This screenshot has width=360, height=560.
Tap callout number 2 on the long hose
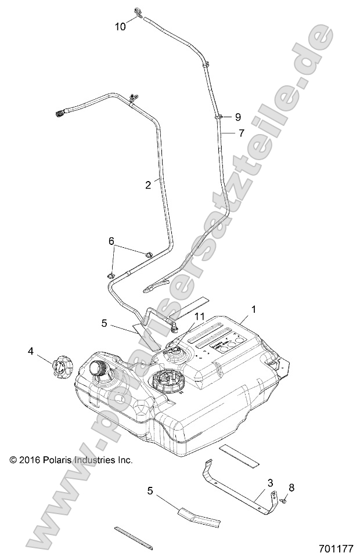[148, 185]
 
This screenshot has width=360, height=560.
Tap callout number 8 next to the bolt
[291, 487]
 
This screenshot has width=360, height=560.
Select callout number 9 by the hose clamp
[237, 116]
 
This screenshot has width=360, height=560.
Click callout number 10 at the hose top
[120, 26]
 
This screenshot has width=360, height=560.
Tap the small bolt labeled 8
[283, 498]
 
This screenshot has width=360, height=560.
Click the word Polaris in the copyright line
[67, 460]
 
